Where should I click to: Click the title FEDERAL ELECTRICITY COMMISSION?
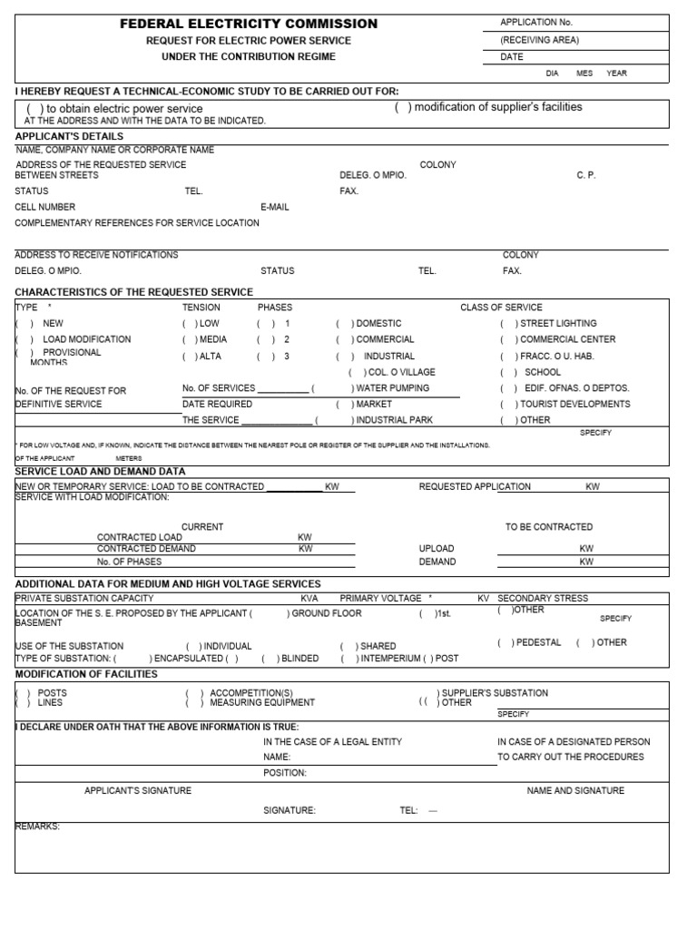249,24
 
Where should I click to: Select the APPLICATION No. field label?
536,22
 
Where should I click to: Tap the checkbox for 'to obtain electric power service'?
35,109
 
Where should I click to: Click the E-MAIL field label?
274,207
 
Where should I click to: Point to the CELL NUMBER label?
44,207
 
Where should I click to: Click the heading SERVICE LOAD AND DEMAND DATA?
101,472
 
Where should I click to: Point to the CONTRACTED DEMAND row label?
145,549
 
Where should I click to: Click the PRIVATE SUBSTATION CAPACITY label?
84,599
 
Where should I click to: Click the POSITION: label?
285,773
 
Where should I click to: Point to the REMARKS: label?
37,826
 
